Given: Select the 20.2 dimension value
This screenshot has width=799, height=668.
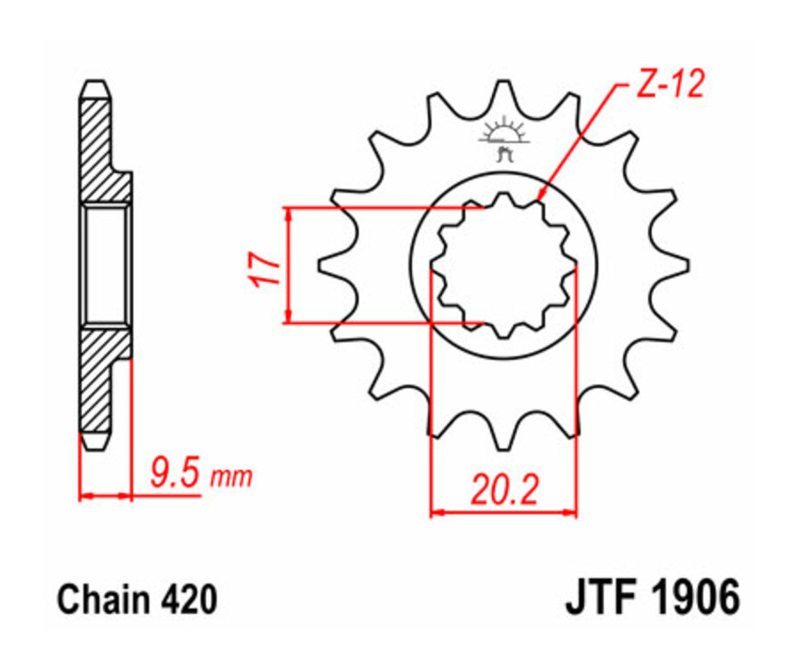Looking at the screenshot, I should coord(503,489).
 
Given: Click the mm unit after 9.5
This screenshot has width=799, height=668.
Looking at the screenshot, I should coord(231,479).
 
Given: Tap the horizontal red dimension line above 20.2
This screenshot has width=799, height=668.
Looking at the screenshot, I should coord(503,512).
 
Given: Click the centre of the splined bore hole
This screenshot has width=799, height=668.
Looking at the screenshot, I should coord(503,264).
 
